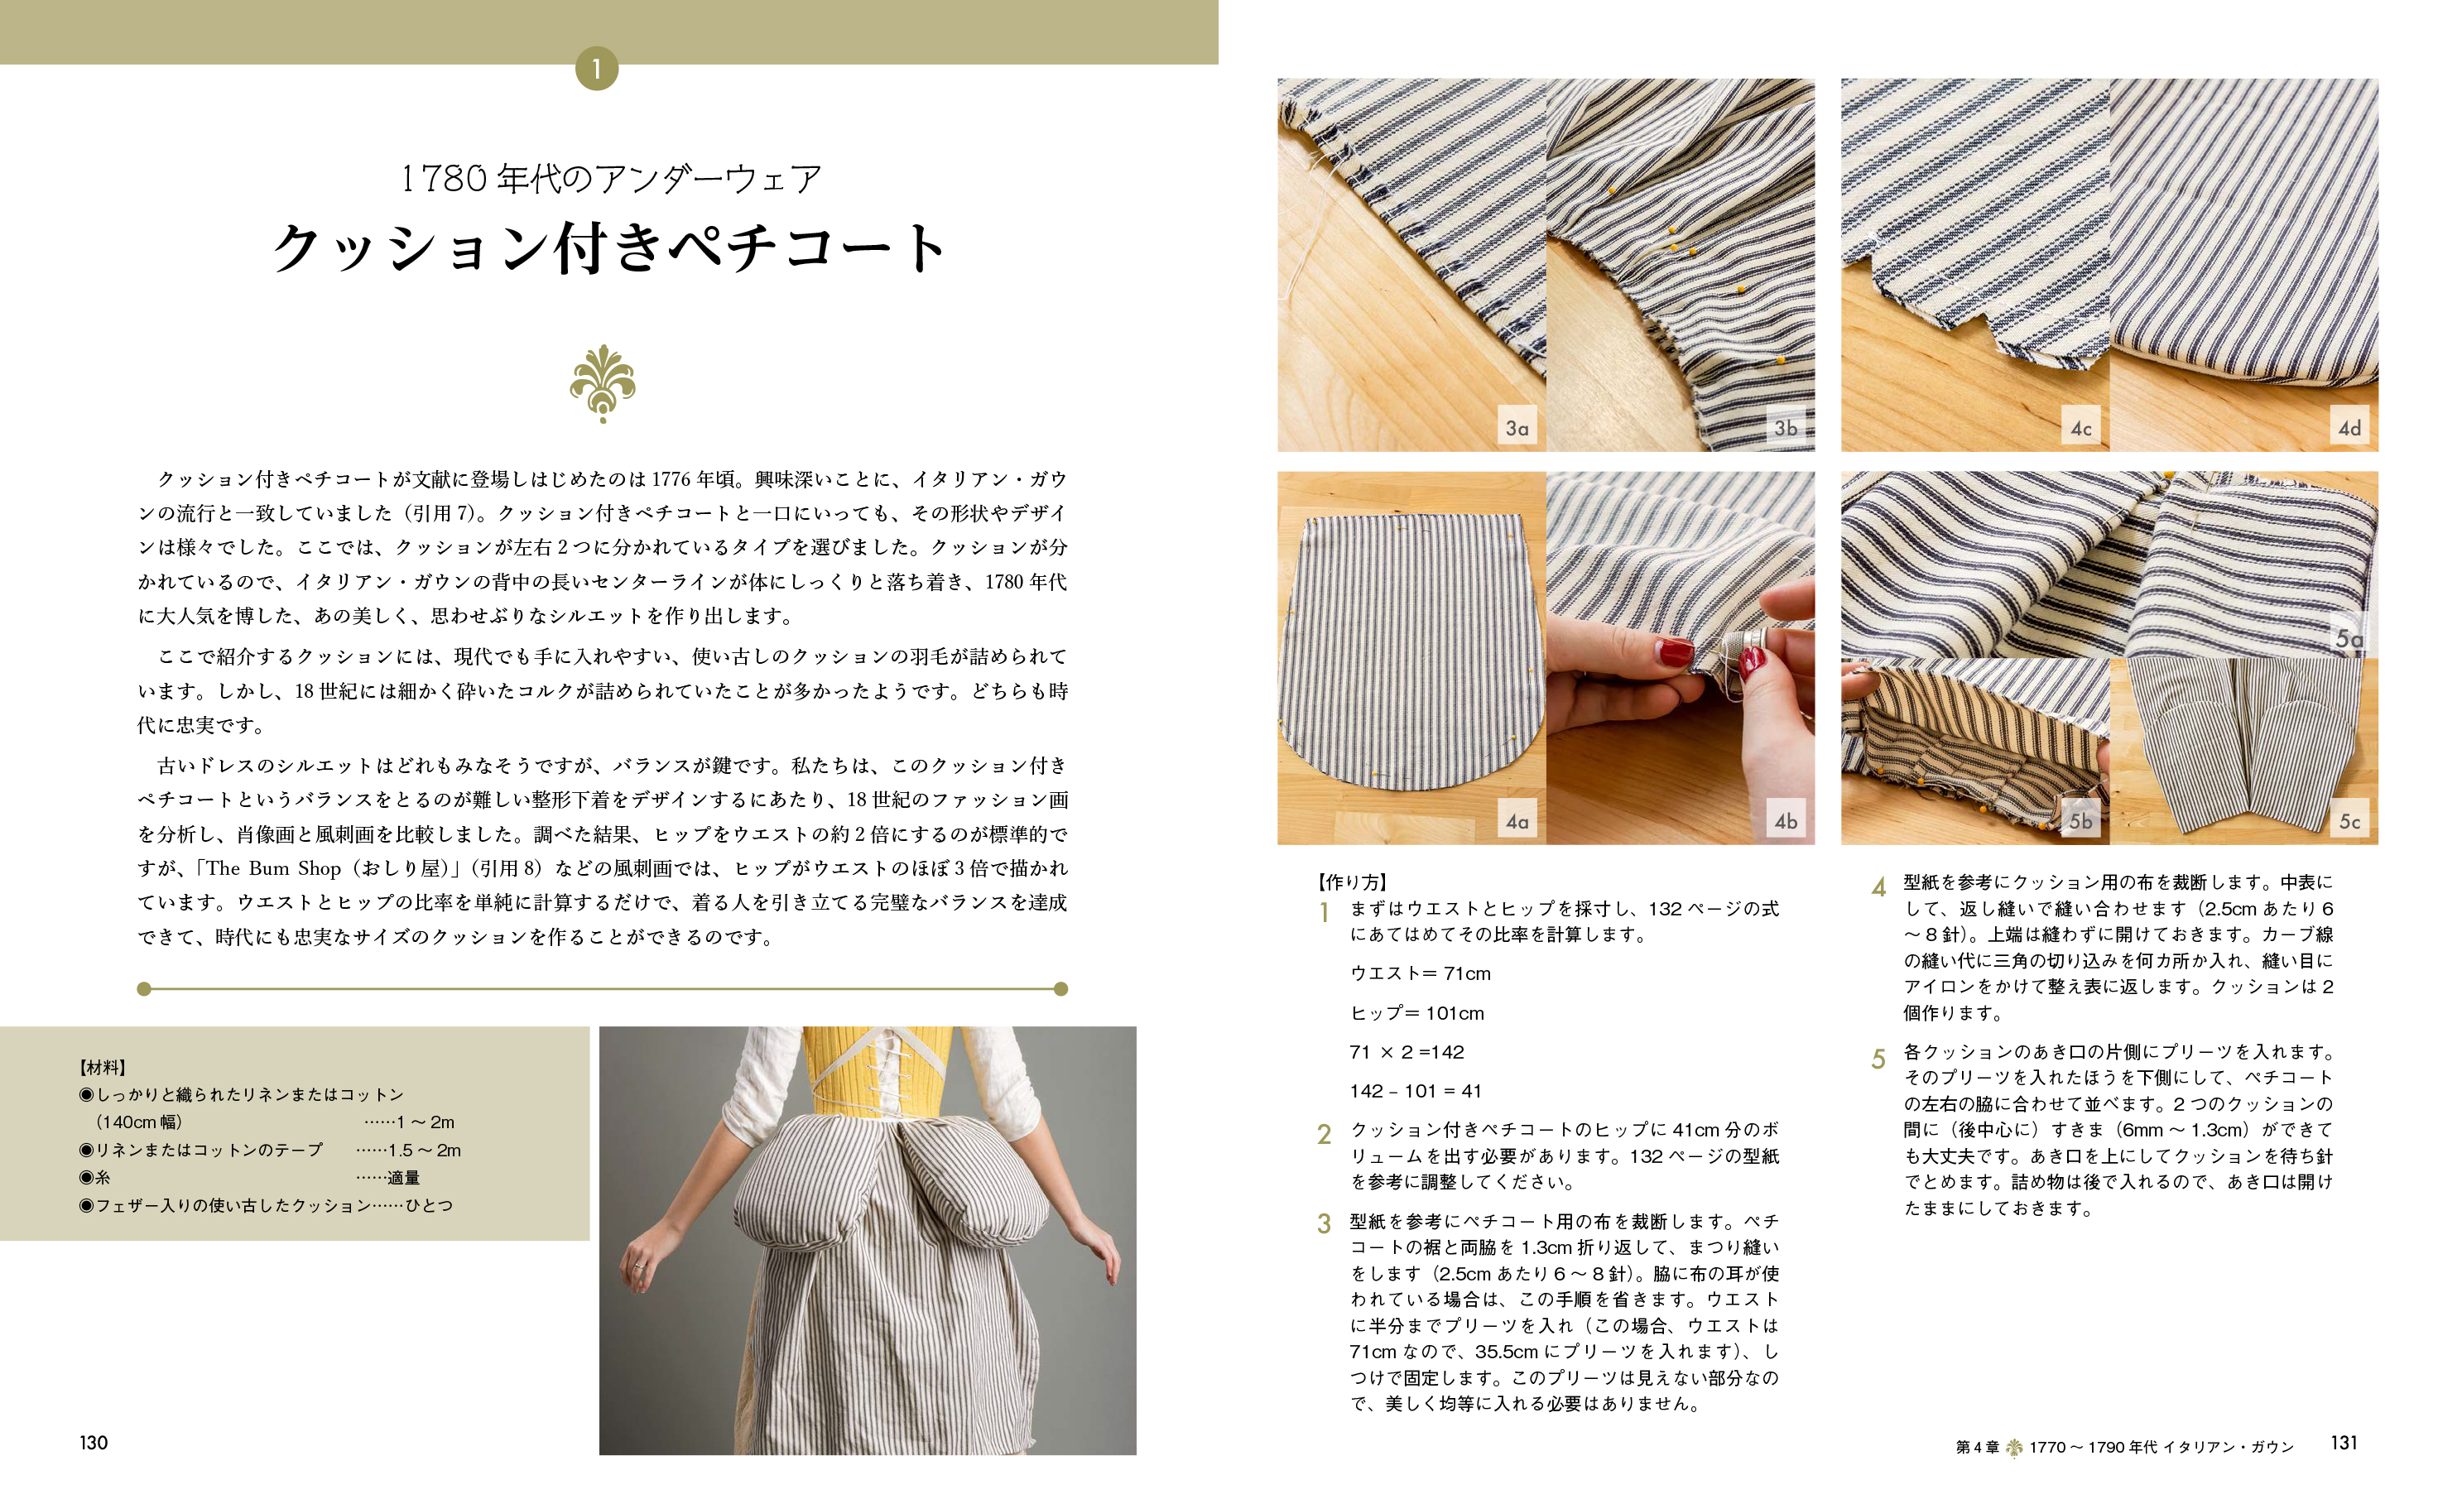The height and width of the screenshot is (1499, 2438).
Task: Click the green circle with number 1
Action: [596, 69]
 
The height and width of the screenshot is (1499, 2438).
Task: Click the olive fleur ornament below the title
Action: [603, 385]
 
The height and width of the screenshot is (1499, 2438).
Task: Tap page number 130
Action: [94, 1443]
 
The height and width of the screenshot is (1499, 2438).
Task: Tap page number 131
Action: [2344, 1443]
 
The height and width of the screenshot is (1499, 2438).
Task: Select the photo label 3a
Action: [1517, 428]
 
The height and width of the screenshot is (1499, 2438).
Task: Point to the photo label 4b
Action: [1786, 821]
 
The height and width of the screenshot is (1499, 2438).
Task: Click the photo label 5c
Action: [2349, 821]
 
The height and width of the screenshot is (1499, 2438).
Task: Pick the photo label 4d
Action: [2349, 428]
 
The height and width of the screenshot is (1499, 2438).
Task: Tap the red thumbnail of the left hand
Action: [1676, 652]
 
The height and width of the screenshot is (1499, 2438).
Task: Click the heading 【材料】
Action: [103, 1068]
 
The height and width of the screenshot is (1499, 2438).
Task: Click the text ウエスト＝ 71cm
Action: [1420, 973]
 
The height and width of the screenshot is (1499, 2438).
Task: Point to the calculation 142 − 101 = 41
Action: [1415, 1091]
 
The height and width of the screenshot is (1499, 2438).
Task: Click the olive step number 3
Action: [1324, 1223]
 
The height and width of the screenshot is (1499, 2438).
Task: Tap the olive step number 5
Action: [1878, 1059]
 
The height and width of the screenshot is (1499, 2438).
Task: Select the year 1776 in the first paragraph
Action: [671, 480]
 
